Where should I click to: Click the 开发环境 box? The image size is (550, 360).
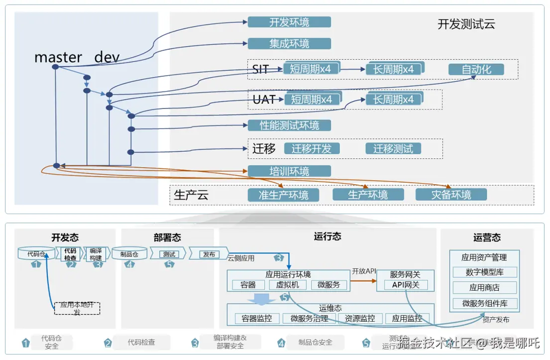click(289, 22)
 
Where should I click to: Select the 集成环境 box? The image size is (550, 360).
click(289, 43)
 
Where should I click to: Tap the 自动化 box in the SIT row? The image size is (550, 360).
click(476, 69)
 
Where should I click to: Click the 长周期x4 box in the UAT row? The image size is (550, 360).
click(394, 99)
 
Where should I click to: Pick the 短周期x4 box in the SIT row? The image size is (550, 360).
click(311, 69)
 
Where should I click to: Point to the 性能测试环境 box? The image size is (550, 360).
click(289, 125)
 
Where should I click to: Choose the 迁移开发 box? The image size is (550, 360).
click(312, 148)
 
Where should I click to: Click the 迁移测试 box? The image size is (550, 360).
click(393, 148)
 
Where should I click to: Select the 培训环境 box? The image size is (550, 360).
click(289, 171)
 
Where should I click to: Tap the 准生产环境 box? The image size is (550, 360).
click(283, 195)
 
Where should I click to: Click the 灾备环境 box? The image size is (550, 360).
click(451, 195)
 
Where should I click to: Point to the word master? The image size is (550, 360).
click(58, 57)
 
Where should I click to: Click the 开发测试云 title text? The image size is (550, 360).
click(466, 24)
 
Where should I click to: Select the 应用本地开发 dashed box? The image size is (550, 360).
click(77, 308)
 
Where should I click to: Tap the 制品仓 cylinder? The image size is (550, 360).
click(129, 254)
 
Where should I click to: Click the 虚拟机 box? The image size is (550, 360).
click(288, 285)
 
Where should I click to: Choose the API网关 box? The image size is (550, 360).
click(405, 285)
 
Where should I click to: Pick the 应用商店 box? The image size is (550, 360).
click(484, 288)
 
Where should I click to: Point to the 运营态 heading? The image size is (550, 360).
click(487, 238)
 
